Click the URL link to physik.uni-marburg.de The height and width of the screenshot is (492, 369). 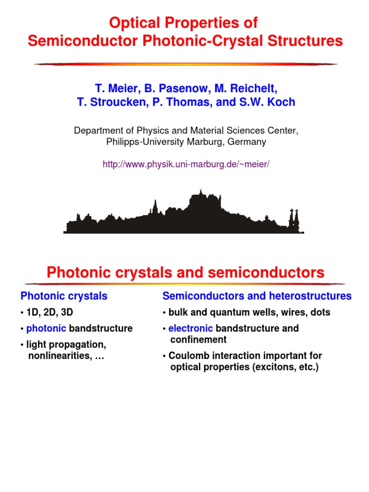[x=186, y=164]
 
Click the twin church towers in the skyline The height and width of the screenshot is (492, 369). [x=294, y=220]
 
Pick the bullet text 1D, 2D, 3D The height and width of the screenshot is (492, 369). [x=49, y=312]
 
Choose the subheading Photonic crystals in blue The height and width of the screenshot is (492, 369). [x=64, y=296]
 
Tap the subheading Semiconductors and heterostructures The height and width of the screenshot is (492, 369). [x=257, y=296]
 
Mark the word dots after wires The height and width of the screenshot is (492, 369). [x=320, y=312]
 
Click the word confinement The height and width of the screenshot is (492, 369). [x=198, y=340]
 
